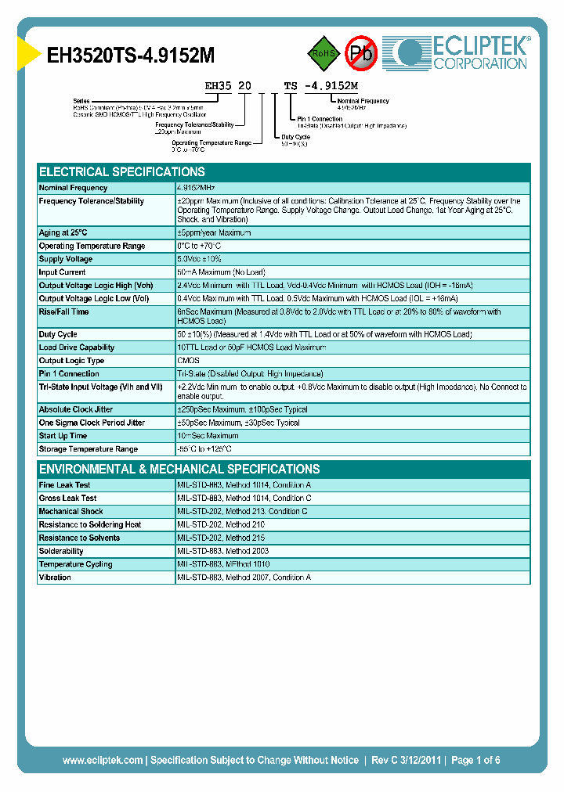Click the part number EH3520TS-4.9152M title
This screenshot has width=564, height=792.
pos(131,55)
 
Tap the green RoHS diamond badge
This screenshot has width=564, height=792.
pos(323,53)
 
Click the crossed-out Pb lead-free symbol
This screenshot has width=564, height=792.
pos(361,53)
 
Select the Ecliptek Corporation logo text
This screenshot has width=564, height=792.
pos(480,53)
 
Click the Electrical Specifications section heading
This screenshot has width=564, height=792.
pos(122,172)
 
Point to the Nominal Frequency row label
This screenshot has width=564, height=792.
pos(74,188)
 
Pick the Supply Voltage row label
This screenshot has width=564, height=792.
pos(66,259)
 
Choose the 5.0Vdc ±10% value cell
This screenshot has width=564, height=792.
pos(200,259)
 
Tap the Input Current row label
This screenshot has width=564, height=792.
pos(63,272)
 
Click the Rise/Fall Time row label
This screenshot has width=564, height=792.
pos(64,312)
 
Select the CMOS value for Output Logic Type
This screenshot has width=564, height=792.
pos(189,361)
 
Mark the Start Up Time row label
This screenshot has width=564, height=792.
pos(63,436)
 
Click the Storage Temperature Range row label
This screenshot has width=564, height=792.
pos(89,449)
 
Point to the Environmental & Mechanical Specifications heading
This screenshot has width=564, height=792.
pos(179,470)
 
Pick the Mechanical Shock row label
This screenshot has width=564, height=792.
pos(71,512)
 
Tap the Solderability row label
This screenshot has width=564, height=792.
pos(61,551)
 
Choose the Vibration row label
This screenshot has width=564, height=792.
pos(56,578)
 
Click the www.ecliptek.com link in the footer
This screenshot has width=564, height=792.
pos(103,760)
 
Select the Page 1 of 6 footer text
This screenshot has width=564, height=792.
pos(475,760)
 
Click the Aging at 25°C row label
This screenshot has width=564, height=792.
pos(63,232)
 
